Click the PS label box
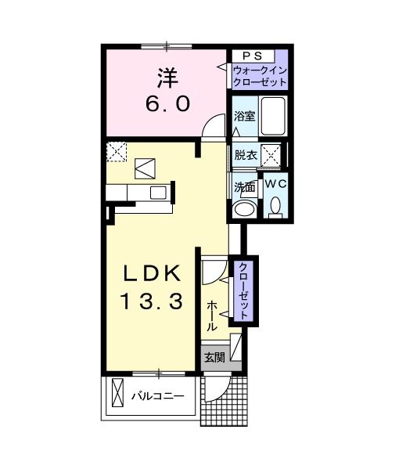click(253, 56)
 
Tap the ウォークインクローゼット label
click(260, 76)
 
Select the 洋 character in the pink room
click(168, 78)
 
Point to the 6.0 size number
click(168, 104)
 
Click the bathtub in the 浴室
click(273, 116)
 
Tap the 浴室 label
click(244, 116)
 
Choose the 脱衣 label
click(246, 155)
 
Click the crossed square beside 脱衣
click(271, 155)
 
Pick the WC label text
click(275, 184)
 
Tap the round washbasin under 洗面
click(246, 208)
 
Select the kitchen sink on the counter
click(158, 193)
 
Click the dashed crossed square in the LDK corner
click(117, 152)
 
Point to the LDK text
click(152, 273)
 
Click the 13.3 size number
click(151, 301)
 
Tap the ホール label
click(211, 316)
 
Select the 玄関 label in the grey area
click(214, 357)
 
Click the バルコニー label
click(158, 397)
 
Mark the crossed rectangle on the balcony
click(117, 393)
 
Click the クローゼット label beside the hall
click(243, 291)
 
